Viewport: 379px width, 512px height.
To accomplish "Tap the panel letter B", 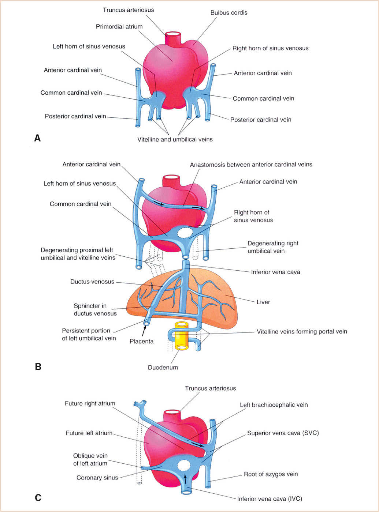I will coord(38,366).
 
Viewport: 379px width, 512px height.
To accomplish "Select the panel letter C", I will coord(38,497).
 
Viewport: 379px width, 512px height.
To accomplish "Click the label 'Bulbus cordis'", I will coord(228,13).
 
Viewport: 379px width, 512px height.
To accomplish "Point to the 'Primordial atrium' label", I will coord(119,27).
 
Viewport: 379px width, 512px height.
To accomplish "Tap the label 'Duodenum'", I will coord(163,367).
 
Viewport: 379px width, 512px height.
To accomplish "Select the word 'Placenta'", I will coord(141,341).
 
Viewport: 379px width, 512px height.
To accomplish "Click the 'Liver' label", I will coord(263,302).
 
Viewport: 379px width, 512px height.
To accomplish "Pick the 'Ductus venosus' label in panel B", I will coord(92,282).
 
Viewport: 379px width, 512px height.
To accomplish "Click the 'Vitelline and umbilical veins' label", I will coord(175,139).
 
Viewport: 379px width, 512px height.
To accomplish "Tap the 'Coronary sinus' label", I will coord(97,478).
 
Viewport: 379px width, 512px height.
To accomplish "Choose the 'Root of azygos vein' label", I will coord(271,474).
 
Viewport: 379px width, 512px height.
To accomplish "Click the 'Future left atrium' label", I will coord(89,433).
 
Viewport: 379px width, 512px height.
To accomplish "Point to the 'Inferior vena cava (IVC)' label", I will coord(270,498).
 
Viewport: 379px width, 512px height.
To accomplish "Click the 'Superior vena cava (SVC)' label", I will coord(283,433).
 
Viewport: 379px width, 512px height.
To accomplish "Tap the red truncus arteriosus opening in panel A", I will coord(173,35).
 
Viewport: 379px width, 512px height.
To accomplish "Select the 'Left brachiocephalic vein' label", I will coord(274,405).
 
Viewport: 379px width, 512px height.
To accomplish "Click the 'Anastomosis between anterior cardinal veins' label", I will coord(251,165).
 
